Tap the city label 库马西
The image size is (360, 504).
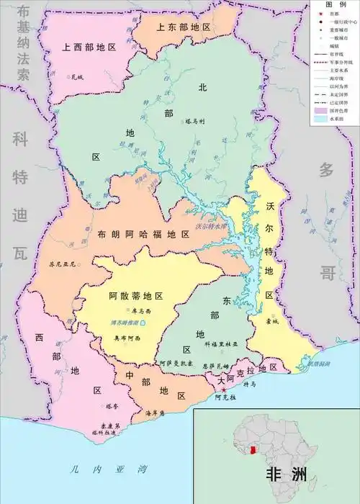[141, 310]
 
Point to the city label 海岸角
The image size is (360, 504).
[155, 413]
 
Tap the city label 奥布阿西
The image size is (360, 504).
[127, 337]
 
